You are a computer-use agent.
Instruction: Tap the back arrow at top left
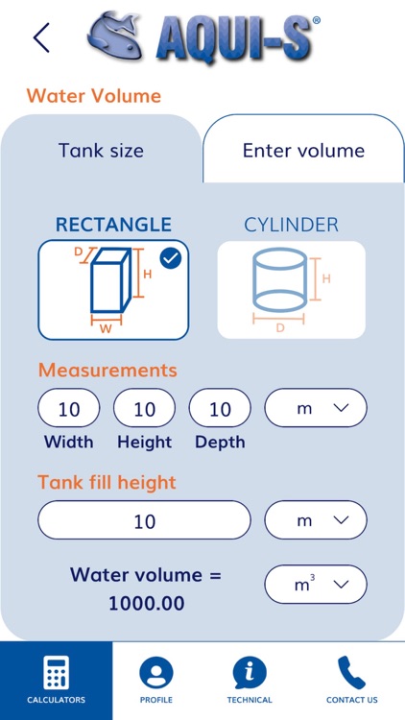click(x=41, y=37)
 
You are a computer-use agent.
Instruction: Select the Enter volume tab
click(x=303, y=150)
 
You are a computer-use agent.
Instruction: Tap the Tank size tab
click(x=101, y=150)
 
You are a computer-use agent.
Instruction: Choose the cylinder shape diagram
click(x=291, y=290)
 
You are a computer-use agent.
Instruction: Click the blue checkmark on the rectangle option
click(x=171, y=259)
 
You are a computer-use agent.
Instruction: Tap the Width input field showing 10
click(x=69, y=408)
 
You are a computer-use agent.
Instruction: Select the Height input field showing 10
click(x=144, y=408)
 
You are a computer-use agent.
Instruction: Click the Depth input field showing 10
click(x=220, y=408)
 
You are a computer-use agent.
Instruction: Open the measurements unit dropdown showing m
click(x=316, y=408)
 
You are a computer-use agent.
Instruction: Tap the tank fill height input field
click(x=144, y=519)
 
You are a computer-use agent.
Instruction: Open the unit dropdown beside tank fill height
click(x=316, y=519)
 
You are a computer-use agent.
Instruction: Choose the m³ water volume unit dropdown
click(x=316, y=584)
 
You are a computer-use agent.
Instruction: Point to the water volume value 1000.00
click(x=147, y=603)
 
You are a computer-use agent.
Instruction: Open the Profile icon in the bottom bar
click(x=156, y=673)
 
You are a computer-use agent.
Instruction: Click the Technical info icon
click(x=250, y=673)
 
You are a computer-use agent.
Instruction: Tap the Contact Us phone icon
click(x=351, y=673)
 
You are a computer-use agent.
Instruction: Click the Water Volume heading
click(x=94, y=96)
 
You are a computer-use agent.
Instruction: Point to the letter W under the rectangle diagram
click(x=107, y=329)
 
